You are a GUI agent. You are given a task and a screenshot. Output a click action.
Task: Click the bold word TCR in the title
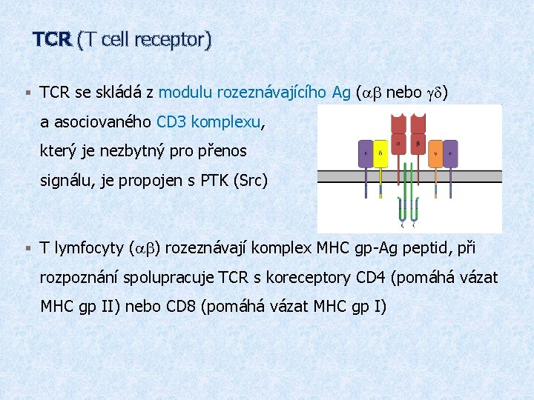[x=52, y=39]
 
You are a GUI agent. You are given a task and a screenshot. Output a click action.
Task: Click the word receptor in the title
[x=174, y=40]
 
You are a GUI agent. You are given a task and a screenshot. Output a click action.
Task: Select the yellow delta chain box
[x=380, y=155]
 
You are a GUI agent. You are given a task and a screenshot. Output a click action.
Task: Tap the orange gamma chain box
[x=436, y=155]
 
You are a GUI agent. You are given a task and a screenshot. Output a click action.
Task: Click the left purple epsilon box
[x=365, y=155]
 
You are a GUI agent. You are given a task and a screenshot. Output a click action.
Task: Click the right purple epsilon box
[x=452, y=155]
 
